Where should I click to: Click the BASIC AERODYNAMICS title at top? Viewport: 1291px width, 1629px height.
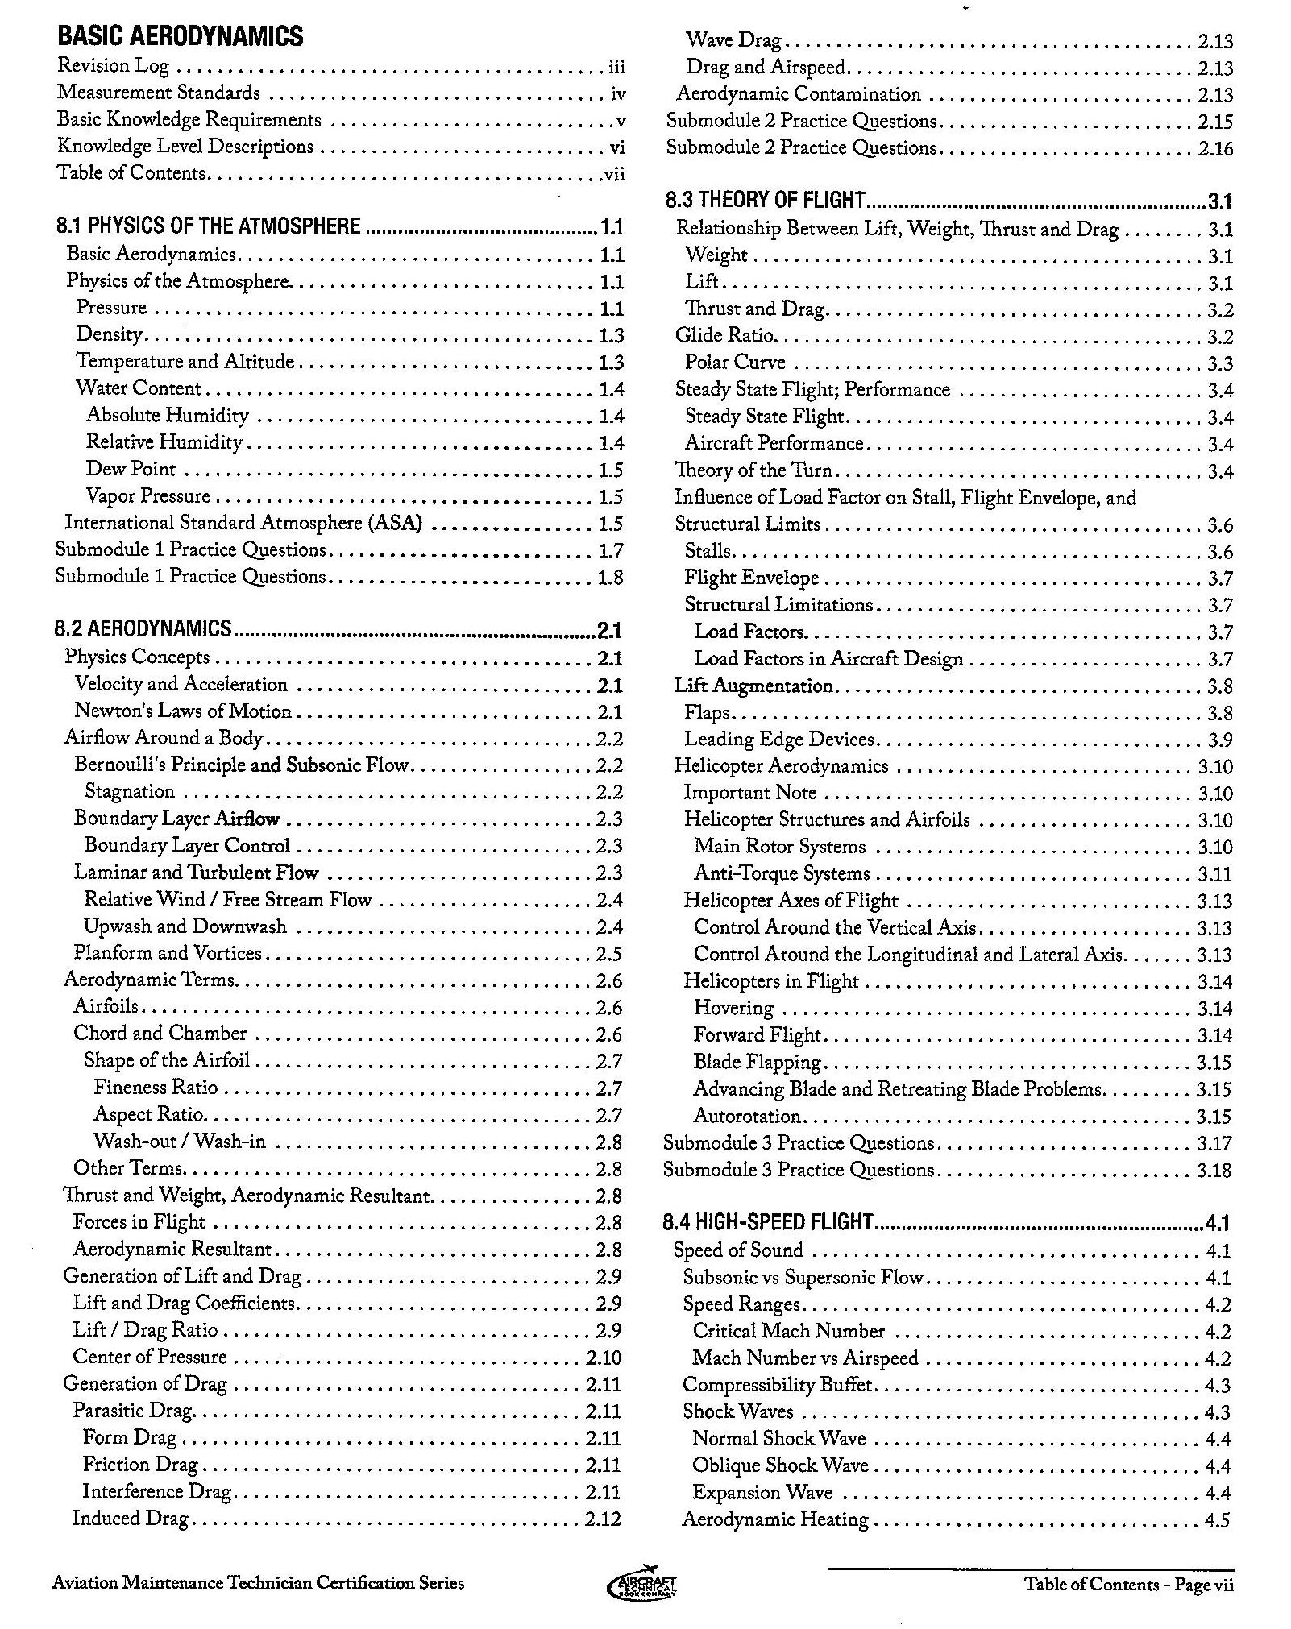point(181,36)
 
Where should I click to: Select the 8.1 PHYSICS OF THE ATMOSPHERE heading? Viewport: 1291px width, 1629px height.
point(208,226)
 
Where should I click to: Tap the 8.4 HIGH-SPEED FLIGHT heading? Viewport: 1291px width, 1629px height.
point(768,1222)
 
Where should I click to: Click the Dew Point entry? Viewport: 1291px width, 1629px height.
point(131,469)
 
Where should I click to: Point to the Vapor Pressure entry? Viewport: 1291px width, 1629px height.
point(147,496)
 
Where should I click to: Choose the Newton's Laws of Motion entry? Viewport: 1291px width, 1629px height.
point(183,711)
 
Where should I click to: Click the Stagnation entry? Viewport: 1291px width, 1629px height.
point(130,791)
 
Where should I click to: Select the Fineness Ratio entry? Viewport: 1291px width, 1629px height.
point(156,1088)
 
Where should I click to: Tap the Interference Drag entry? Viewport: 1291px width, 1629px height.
point(157,1491)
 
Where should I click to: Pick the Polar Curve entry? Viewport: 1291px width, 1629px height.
point(735,363)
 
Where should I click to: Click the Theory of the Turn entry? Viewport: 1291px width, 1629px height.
point(753,470)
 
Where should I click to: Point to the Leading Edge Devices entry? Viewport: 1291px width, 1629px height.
point(779,740)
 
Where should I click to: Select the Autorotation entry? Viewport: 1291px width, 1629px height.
point(747,1117)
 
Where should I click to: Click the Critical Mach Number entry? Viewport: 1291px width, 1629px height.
point(789,1331)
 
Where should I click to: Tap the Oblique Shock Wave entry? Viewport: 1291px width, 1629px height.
point(780,1465)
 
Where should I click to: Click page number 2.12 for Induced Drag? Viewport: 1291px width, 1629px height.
point(604,1519)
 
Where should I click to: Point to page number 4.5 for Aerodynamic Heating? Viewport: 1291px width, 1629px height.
point(1218,1520)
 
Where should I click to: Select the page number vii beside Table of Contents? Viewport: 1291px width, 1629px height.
point(614,174)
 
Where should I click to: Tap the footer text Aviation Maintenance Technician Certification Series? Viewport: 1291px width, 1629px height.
point(258,1583)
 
